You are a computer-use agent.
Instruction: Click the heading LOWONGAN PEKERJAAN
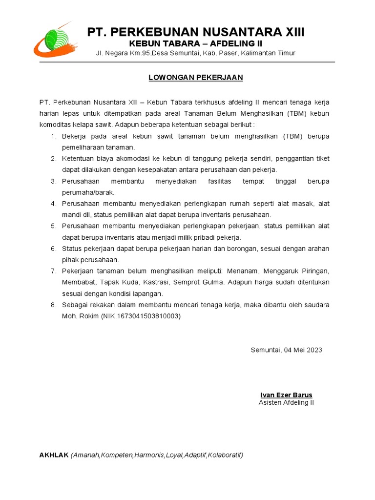point(196,78)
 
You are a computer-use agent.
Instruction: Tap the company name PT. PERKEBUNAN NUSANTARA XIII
point(195,32)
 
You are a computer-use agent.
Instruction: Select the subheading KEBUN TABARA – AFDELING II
point(195,43)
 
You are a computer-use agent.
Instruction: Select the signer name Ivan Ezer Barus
point(286,395)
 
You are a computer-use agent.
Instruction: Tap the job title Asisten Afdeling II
point(286,403)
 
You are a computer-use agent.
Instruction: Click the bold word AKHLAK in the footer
point(54,455)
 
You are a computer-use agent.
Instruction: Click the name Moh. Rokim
point(80,316)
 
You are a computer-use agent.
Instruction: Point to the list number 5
point(54,226)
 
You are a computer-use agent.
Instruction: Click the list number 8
point(54,305)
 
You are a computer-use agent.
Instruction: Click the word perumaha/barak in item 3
point(88,192)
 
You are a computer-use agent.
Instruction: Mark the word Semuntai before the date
point(266,350)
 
